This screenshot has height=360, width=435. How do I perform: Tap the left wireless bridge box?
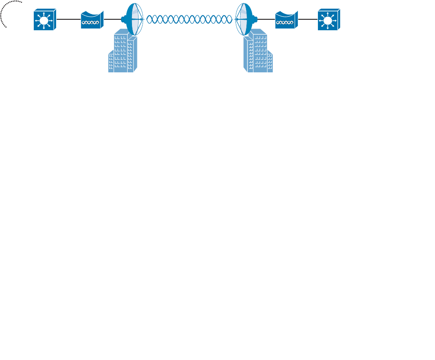point(91,20)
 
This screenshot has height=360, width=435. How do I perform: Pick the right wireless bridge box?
point(286,20)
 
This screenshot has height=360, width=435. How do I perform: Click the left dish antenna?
point(133,19)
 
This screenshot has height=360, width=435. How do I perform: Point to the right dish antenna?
point(245,19)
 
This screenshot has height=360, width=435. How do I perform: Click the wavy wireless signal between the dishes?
point(189,19)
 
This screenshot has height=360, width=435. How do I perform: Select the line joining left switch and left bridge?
point(68,20)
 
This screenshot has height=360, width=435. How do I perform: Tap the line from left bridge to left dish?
point(114,20)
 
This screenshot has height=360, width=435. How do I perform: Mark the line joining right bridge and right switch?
point(308,20)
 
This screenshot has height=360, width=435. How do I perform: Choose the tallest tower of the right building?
point(259,50)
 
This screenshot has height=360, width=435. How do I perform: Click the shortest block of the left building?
point(111,62)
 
